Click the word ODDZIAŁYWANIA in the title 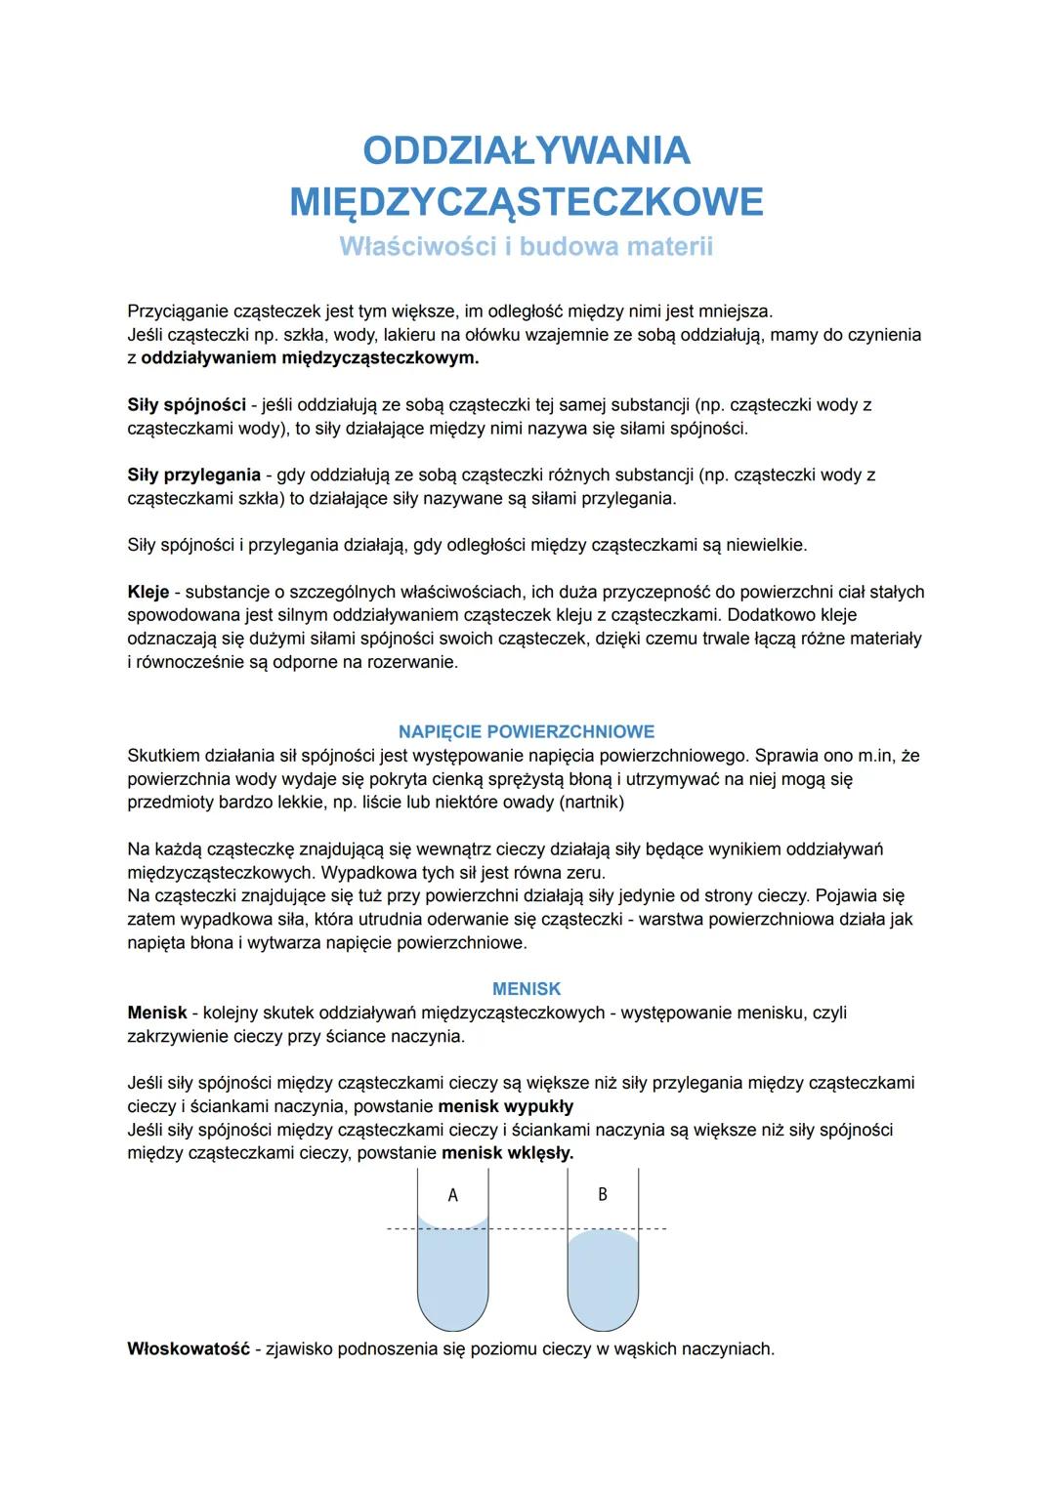point(527,150)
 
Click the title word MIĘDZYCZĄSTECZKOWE point(527,202)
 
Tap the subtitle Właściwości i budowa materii point(527,246)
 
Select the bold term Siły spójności point(187,404)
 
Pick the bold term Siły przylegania point(193,475)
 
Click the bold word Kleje point(148,592)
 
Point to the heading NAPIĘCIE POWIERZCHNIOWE point(527,731)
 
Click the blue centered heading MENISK point(527,989)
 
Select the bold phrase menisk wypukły point(506,1106)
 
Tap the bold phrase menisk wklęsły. point(507,1153)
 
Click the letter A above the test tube point(452,1195)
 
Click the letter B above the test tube point(603,1194)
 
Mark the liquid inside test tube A point(452,1279)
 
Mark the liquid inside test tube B point(603,1279)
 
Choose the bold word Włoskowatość point(189,1348)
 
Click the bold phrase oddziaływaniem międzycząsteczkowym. point(310,357)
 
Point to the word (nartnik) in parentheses point(588,802)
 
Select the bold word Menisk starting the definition point(157,1013)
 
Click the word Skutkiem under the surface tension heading point(163,755)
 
